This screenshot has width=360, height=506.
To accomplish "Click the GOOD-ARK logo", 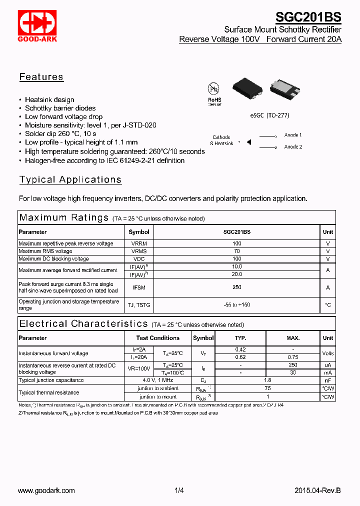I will (x=37, y=25).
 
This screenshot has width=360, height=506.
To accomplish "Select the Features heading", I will (x=41, y=77).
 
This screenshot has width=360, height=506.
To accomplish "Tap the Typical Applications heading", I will (x=70, y=180).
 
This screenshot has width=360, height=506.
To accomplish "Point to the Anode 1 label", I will (x=293, y=135).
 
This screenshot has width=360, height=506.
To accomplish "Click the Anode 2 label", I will (x=293, y=147).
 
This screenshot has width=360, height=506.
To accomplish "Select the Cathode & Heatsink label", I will (x=221, y=140).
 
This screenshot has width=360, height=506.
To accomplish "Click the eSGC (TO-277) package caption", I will (x=270, y=115).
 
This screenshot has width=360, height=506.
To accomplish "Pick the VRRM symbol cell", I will (x=139, y=243).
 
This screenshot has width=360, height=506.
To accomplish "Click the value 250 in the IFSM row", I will (x=236, y=287).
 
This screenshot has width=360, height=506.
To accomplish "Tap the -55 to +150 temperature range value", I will (x=236, y=305).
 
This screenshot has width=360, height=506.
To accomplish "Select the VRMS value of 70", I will (x=236, y=251).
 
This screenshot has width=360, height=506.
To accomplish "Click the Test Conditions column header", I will (x=158, y=338).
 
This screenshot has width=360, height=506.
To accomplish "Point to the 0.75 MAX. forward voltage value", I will (x=293, y=357).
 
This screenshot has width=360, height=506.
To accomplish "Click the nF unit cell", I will (x=328, y=380).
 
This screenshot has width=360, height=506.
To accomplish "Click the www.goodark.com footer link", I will (x=46, y=491).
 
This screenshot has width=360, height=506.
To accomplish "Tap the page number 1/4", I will (x=179, y=491).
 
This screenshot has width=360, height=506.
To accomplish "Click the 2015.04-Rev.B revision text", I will (x=317, y=491).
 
